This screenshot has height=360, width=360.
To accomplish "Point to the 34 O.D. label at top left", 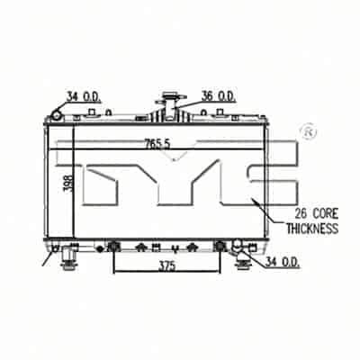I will pyautogui.click(x=85, y=97).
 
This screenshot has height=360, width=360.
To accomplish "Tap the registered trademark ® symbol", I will pyautogui.click(x=307, y=131).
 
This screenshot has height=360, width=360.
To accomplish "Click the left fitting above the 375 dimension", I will pyautogui.click(x=112, y=246).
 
